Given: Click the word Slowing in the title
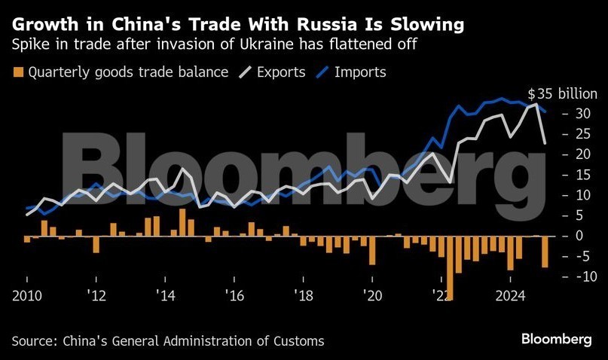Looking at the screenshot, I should tap(421, 24).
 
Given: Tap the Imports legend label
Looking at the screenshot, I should tap(360, 72).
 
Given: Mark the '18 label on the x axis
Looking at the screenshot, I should tap(302, 294).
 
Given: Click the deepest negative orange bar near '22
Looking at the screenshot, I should tap(450, 267).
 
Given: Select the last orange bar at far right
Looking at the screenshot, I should tap(545, 252).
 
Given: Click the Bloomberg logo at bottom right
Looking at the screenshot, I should tap(557, 340).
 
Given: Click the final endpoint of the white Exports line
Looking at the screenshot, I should tap(545, 142).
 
